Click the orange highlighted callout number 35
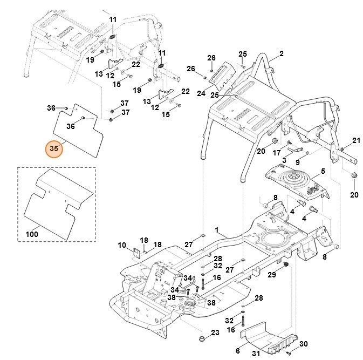(x=53, y=147)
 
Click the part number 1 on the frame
(x=217, y=230)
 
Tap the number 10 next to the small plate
(x=121, y=246)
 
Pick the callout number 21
(x=355, y=141)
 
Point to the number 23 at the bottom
(x=214, y=332)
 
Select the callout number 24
(x=201, y=93)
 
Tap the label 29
(x=272, y=275)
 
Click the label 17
(x=276, y=153)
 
